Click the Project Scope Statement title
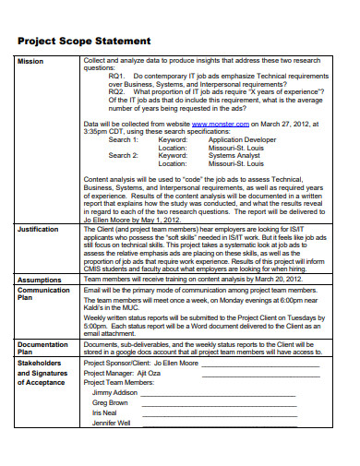(84, 42)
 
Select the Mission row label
(30, 62)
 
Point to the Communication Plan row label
(43, 294)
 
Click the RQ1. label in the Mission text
(117, 77)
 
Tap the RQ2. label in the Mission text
(117, 92)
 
